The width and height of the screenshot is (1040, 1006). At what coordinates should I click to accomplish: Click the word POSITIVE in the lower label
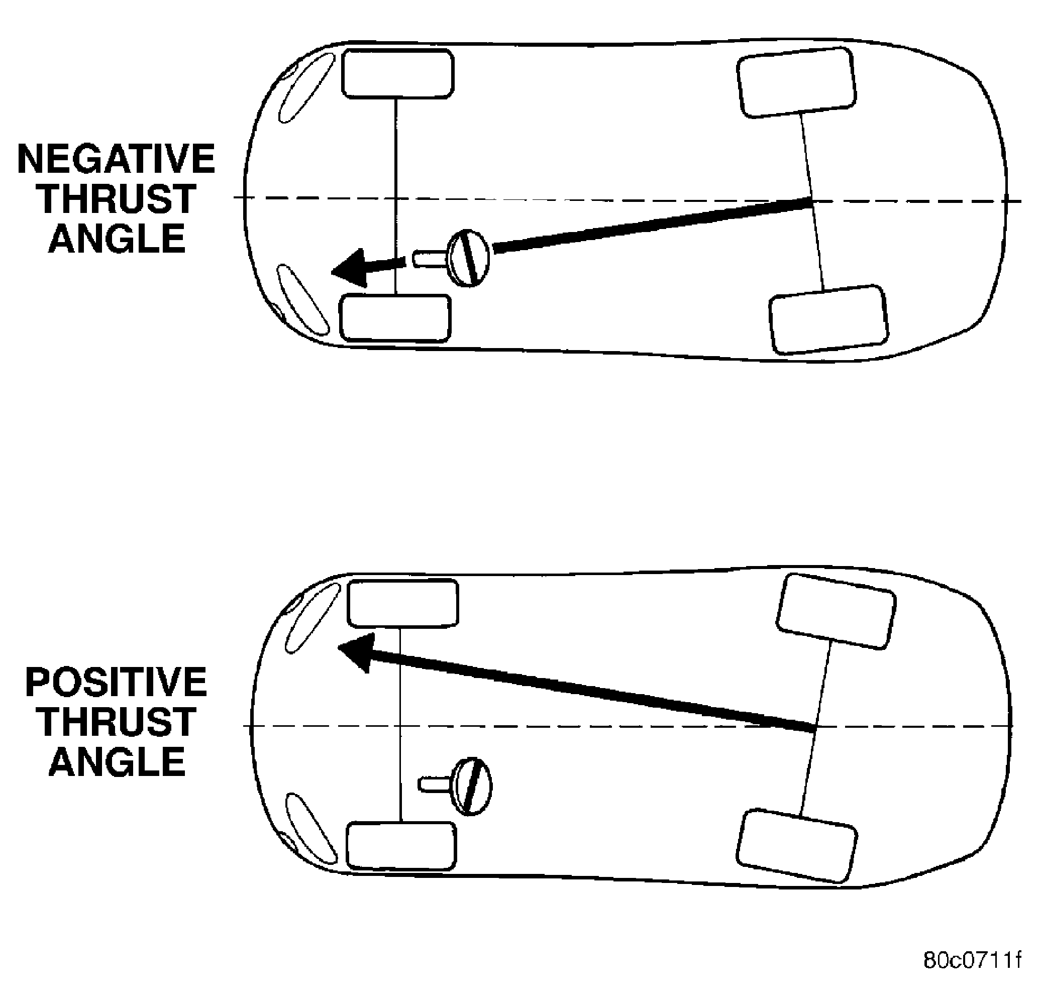click(116, 682)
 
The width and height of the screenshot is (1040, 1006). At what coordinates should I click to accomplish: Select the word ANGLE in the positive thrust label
click(117, 761)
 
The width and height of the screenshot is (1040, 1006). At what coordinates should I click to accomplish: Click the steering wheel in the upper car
click(469, 258)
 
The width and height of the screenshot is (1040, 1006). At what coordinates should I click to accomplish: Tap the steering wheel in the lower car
click(471, 787)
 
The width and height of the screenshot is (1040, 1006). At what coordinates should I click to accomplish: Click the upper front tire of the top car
click(397, 74)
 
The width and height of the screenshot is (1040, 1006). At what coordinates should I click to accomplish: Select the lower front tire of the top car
click(395, 318)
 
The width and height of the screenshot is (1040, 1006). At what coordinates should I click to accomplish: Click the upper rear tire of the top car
click(796, 82)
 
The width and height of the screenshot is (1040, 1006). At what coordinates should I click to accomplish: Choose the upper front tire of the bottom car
click(403, 604)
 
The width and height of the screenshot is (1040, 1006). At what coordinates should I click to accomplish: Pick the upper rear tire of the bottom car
click(836, 611)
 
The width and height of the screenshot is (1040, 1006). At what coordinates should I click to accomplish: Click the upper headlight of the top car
click(306, 88)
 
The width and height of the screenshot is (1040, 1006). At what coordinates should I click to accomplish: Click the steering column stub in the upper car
click(430, 259)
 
